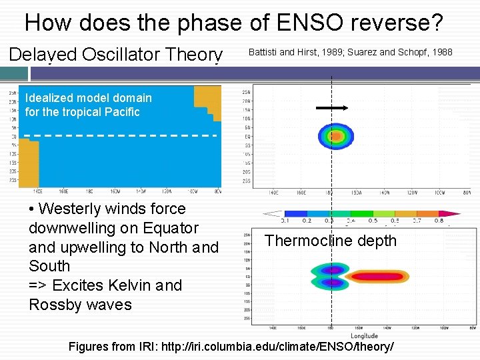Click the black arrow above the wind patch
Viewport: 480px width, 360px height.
(332, 107)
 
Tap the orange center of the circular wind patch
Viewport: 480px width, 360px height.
(335, 137)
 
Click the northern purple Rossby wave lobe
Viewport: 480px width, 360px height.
(331, 269)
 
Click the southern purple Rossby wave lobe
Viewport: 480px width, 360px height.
(331, 283)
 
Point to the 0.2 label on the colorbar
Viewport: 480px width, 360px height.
(307, 221)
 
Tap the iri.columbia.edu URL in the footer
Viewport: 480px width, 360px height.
(313, 347)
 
